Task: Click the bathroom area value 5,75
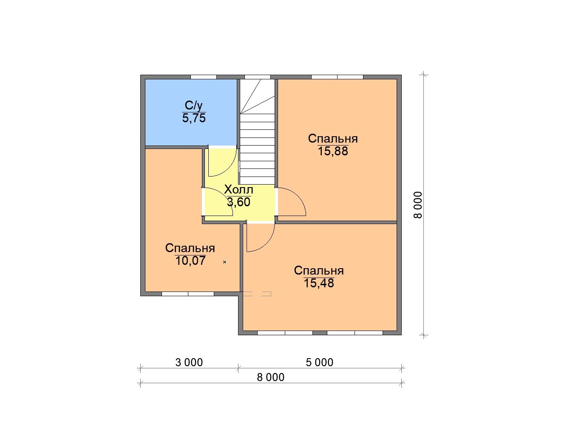(194, 118)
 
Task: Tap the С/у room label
(194, 106)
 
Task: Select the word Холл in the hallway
(238, 189)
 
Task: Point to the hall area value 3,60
(238, 202)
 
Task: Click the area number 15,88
(333, 151)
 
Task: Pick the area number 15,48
(319, 283)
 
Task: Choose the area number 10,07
(190, 261)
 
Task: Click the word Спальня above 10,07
(190, 248)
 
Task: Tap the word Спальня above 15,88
(333, 139)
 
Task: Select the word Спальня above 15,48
(319, 271)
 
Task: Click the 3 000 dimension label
(189, 362)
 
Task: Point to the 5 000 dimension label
(319, 362)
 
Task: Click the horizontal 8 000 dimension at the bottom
(270, 378)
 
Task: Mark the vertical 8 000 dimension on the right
(418, 205)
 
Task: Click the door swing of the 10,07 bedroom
(224, 196)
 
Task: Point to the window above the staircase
(258, 77)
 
